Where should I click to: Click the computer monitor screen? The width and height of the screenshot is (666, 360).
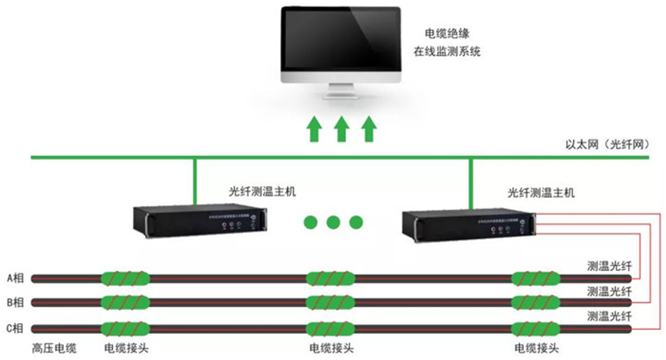[x=340, y=38]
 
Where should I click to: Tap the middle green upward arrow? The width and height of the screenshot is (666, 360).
[x=341, y=128]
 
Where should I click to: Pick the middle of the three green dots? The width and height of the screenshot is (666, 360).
[x=332, y=222]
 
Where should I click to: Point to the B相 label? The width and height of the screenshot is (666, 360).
[x=15, y=302]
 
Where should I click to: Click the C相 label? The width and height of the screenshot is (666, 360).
[x=15, y=328]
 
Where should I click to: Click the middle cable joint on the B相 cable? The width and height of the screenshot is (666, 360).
[x=330, y=302]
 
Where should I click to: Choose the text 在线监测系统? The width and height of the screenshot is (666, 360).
[x=458, y=52]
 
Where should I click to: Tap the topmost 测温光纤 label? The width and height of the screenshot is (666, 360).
[x=609, y=265]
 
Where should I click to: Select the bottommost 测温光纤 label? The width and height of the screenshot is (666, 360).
[x=609, y=315]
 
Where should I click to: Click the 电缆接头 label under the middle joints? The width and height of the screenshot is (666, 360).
[x=331, y=348]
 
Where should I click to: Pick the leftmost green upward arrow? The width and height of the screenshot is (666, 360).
[x=312, y=128]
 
